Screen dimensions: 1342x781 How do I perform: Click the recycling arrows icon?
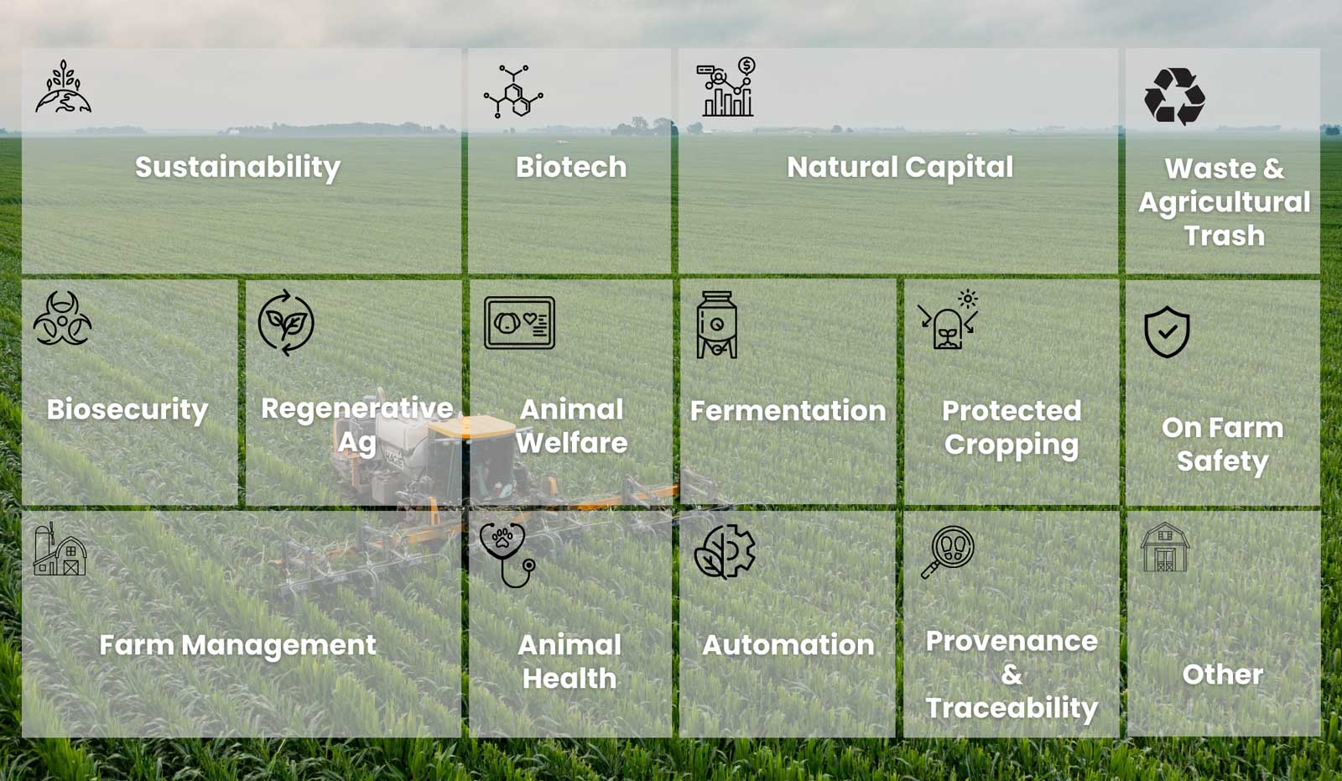tap(1174, 96)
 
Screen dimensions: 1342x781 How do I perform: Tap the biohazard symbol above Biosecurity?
tap(62, 318)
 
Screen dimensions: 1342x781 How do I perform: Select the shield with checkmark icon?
tap(1167, 331)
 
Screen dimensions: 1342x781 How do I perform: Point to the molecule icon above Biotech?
tap(513, 91)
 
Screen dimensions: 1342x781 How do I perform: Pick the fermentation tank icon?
tap(716, 325)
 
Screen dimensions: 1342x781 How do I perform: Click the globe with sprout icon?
tap(64, 86)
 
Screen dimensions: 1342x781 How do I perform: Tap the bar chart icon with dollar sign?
tap(726, 87)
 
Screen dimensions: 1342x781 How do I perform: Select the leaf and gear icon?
tap(725, 551)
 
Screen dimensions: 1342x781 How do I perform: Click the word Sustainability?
tap(238, 167)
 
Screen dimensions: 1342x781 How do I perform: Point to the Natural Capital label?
tap(900, 167)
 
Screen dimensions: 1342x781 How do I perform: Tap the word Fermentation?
tap(788, 410)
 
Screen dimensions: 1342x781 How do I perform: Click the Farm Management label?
tap(238, 646)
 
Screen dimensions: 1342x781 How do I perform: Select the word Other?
tap(1223, 674)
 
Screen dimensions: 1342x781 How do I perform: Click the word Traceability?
tap(1012, 709)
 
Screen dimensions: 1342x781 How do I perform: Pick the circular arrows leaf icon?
tap(286, 323)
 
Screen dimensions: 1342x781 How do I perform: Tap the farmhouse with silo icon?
tap(60, 549)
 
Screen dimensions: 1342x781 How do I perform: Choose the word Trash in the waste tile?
tap(1224, 236)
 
